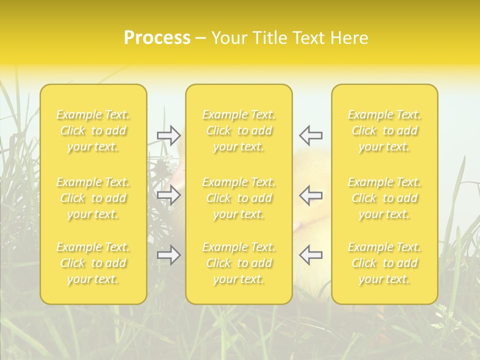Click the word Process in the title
coord(157,38)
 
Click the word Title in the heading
coord(269,38)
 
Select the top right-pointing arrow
coord(169,135)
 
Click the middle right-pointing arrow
coord(169,195)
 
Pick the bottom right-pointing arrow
coord(169,255)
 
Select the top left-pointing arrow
coord(310,135)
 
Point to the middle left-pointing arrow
coord(310,195)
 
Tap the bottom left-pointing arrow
coord(310,255)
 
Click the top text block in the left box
coord(93,131)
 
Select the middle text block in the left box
coord(93,198)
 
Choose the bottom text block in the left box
coord(93,263)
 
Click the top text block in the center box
coord(238,131)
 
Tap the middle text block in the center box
coord(238,198)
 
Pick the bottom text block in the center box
coord(238,263)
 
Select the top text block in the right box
coord(384,131)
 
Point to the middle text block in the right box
coord(384,198)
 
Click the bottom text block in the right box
coord(384,263)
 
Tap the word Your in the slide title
coord(229,38)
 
